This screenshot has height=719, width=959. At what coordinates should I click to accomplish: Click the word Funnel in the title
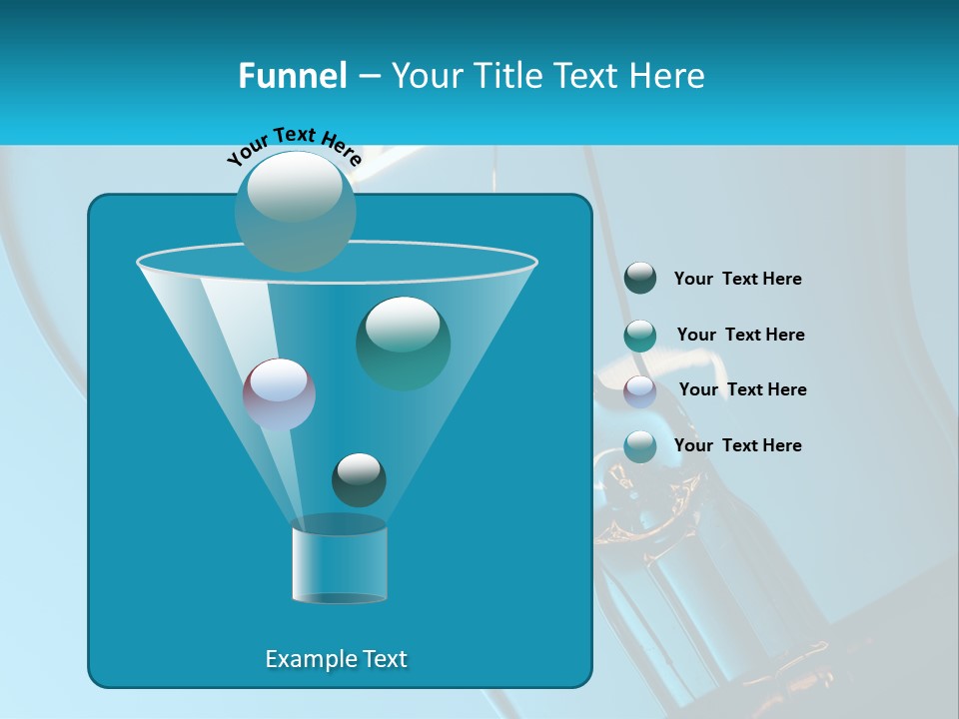[292, 75]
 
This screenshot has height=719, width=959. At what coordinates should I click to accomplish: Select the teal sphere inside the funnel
[403, 343]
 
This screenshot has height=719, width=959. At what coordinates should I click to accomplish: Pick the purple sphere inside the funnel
[279, 393]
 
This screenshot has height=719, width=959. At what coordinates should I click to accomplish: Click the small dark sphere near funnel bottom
[359, 479]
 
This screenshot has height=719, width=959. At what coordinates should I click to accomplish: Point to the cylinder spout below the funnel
[339, 564]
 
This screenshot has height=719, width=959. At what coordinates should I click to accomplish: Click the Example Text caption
[336, 659]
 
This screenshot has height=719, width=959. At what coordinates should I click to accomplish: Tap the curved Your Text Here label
[294, 144]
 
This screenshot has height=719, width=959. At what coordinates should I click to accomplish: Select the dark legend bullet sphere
[640, 279]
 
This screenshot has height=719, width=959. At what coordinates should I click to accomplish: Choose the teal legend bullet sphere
[640, 336]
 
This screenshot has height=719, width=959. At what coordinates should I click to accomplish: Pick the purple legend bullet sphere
[640, 391]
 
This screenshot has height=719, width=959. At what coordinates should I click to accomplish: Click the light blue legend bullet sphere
[640, 446]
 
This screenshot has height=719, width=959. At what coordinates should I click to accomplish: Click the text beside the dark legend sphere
[737, 280]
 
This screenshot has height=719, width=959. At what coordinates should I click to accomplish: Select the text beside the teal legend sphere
[740, 335]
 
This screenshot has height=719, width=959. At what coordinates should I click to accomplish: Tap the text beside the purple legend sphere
[742, 389]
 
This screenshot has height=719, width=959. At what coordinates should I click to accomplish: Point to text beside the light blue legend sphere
[737, 445]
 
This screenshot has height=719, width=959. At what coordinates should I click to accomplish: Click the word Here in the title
[669, 75]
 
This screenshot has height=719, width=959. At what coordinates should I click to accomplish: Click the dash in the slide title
[368, 76]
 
